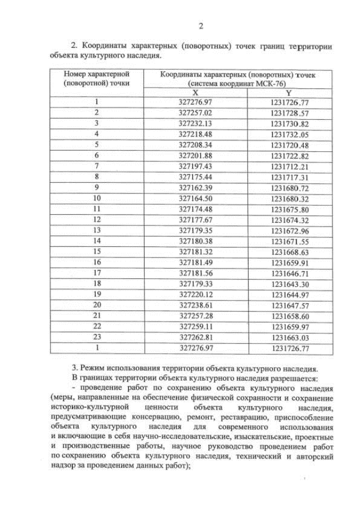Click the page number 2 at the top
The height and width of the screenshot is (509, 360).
[200, 26]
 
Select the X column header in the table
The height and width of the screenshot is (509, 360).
[195, 92]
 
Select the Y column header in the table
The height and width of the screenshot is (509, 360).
[289, 92]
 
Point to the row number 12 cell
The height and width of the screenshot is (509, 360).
[97, 219]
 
